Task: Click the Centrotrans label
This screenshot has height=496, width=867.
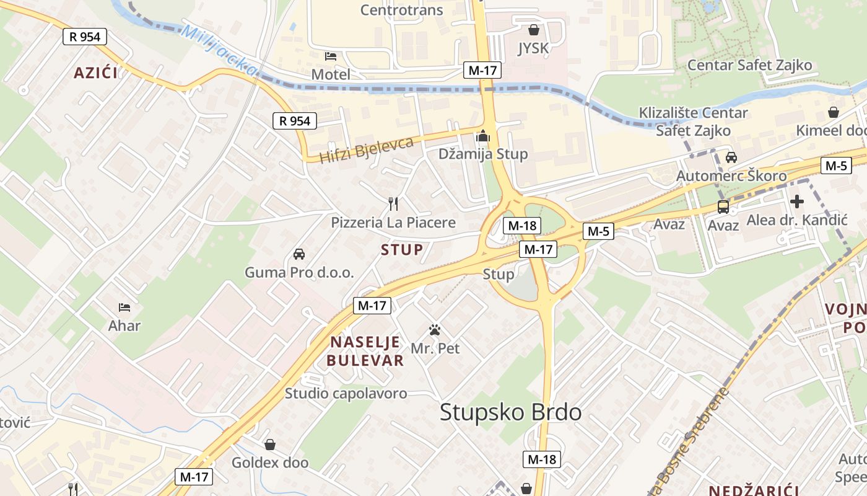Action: (x=401, y=9)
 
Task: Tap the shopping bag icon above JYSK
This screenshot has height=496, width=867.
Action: (x=533, y=29)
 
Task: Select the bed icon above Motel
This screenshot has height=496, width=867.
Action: (x=331, y=56)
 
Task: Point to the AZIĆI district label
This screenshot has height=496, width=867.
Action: (x=96, y=73)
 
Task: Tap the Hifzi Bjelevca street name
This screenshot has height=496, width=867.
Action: (x=366, y=150)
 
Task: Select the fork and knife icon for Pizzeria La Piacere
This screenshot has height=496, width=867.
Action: (x=392, y=203)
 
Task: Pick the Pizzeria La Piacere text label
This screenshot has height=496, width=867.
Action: (x=393, y=223)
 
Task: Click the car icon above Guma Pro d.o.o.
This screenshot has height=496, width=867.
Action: (x=299, y=254)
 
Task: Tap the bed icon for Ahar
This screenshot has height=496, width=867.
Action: (x=124, y=307)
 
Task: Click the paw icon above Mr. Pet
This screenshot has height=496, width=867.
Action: (x=435, y=330)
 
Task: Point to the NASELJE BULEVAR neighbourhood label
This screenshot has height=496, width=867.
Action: (x=365, y=351)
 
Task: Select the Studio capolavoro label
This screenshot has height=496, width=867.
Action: (x=346, y=393)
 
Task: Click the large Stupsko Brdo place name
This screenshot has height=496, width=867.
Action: (x=511, y=412)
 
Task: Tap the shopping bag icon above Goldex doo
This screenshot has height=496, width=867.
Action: (x=270, y=445)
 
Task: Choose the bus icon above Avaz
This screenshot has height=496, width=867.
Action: (x=723, y=206)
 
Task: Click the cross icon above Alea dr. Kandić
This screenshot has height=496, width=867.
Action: (x=797, y=201)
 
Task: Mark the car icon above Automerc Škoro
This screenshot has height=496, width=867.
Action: (x=731, y=157)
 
